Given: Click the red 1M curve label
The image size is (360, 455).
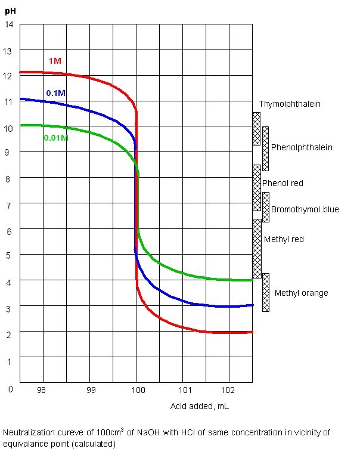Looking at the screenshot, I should [x=55, y=61].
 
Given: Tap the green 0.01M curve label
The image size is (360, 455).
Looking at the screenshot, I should [x=56, y=138].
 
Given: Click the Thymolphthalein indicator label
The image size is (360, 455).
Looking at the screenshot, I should [x=290, y=104].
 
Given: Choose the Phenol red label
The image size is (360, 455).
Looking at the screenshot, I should [x=283, y=183].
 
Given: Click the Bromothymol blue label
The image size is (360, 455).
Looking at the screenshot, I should [x=305, y=209].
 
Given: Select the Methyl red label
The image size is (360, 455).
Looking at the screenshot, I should [x=284, y=239].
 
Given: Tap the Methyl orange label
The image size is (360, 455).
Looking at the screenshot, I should [x=301, y=293].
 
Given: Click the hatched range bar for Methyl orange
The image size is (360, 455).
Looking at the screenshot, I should [x=266, y=292].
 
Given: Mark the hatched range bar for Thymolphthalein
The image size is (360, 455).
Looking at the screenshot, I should [x=256, y=128].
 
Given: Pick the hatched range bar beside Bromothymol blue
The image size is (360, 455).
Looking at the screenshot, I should [x=266, y=207].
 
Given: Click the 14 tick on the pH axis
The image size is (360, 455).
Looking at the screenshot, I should [x=9, y=24].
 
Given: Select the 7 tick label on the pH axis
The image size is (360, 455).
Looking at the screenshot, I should [x=9, y=204].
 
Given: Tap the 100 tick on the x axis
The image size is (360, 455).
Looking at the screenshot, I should [x=138, y=390].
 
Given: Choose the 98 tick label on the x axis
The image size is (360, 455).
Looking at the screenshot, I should [x=41, y=390].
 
